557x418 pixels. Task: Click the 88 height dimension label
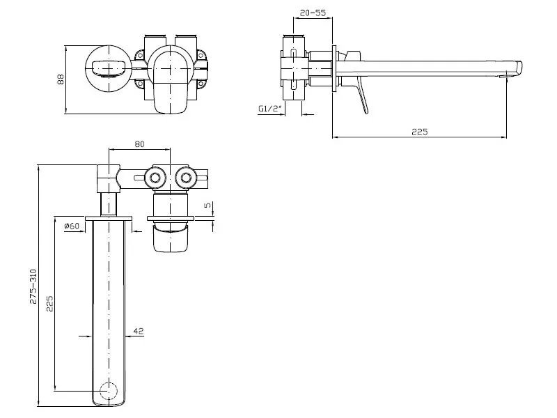pyautogui.click(x=61, y=79)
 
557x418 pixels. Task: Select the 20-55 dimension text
pyautogui.click(x=313, y=13)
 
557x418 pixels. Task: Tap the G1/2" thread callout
pyautogui.click(x=270, y=109)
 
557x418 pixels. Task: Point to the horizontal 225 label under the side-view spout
pyautogui.click(x=420, y=132)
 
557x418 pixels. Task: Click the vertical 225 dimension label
pyautogui.click(x=49, y=303)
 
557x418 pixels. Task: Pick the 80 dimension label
pyautogui.click(x=140, y=144)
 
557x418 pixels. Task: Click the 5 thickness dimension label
pyautogui.click(x=207, y=205)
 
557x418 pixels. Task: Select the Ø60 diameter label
pyautogui.click(x=72, y=226)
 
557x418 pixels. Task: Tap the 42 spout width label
pyautogui.click(x=138, y=331)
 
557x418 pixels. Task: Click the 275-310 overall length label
pyautogui.click(x=33, y=286)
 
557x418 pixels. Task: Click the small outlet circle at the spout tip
pyautogui.click(x=109, y=392)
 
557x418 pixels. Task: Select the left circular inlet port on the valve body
pyautogui.click(x=155, y=178)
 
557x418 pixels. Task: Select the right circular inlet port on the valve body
pyautogui.click(x=185, y=178)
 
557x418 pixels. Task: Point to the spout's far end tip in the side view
pyautogui.click(x=519, y=68)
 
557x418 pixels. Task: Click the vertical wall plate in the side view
pyautogui.click(x=334, y=68)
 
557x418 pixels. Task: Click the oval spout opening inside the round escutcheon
pyautogui.click(x=109, y=68)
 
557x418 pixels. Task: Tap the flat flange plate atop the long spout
pyautogui.click(x=109, y=218)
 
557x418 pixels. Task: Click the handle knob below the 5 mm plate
pyautogui.click(x=170, y=238)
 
